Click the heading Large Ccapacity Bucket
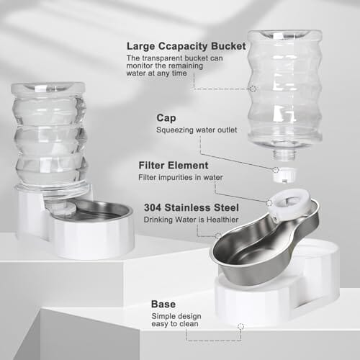point(186,46)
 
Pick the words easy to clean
point(174,325)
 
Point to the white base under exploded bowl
point(274,299)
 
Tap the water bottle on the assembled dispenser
point(48,137)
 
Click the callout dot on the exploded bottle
point(252,89)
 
